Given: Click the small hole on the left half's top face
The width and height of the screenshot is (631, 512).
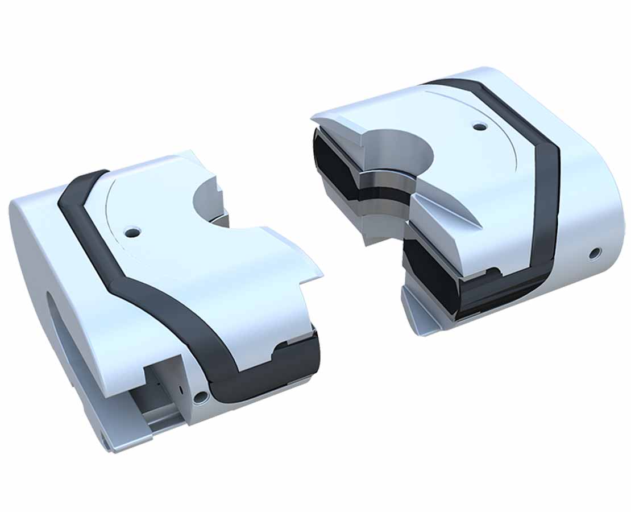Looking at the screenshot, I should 132,232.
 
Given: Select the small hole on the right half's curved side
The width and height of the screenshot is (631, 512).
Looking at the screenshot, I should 594,253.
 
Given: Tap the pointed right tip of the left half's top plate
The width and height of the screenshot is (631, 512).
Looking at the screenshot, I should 321,276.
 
